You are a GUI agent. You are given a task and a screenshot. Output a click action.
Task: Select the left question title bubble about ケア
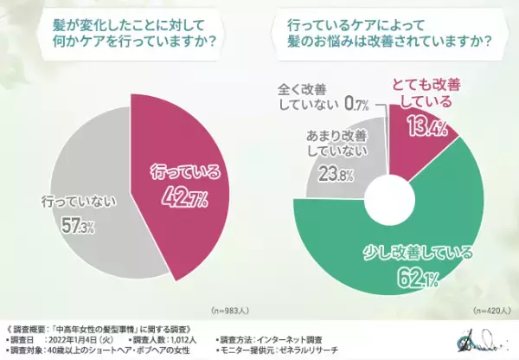coord(128,37)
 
